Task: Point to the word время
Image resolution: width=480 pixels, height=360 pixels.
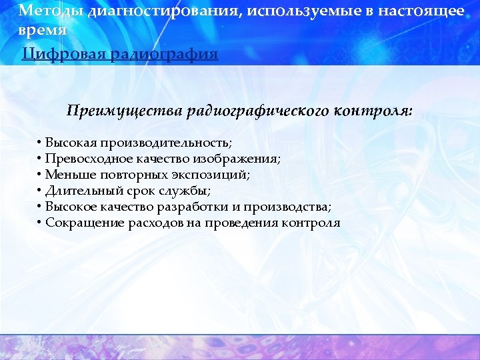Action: (x=43, y=31)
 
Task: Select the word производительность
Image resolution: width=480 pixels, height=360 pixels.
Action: (x=176, y=143)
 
